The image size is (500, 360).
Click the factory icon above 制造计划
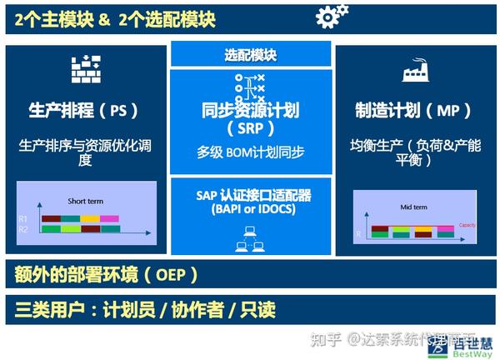pos(416,73)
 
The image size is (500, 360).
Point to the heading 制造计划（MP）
pos(414,109)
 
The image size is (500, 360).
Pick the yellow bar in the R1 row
pos(90,219)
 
